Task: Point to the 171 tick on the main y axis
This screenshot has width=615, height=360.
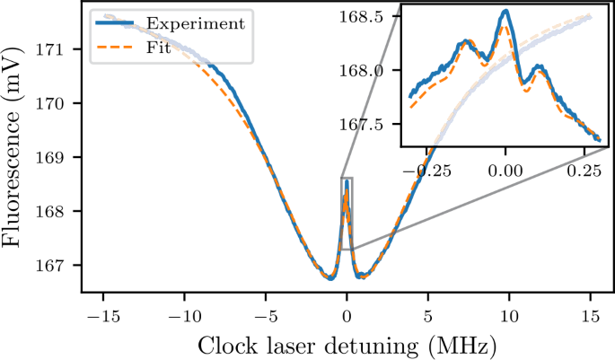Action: point(57,48)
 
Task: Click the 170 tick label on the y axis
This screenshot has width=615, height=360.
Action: point(57,103)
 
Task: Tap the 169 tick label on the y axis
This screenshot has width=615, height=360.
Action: point(57,157)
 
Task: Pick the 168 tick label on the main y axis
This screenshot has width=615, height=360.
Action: point(57,211)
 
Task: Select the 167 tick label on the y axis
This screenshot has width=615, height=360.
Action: point(57,265)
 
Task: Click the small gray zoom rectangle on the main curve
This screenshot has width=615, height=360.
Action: point(347,214)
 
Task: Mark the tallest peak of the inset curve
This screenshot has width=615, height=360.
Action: point(506,11)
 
